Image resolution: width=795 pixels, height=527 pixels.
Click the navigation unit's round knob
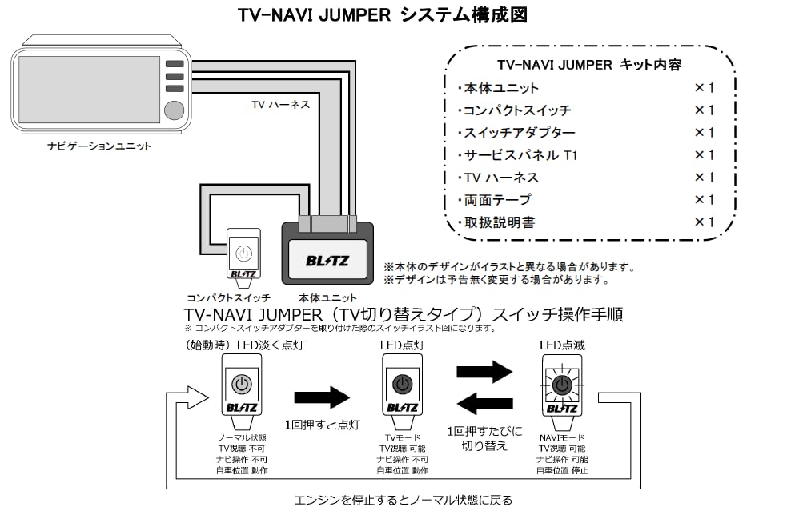173,110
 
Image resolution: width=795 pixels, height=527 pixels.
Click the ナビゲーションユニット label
99,146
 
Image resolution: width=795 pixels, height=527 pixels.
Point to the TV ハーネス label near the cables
280,104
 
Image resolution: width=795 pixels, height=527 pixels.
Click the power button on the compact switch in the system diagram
243,253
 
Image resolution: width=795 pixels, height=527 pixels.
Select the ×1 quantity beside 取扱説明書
704,222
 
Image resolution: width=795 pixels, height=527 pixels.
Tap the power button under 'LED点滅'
563,385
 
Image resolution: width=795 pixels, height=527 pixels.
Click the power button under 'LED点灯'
402,385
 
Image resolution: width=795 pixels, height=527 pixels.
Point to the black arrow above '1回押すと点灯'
323,397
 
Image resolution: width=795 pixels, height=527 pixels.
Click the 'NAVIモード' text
561,438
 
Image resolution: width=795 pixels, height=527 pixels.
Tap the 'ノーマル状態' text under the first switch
242,438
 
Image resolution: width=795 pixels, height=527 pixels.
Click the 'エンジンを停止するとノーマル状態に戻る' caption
403,501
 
